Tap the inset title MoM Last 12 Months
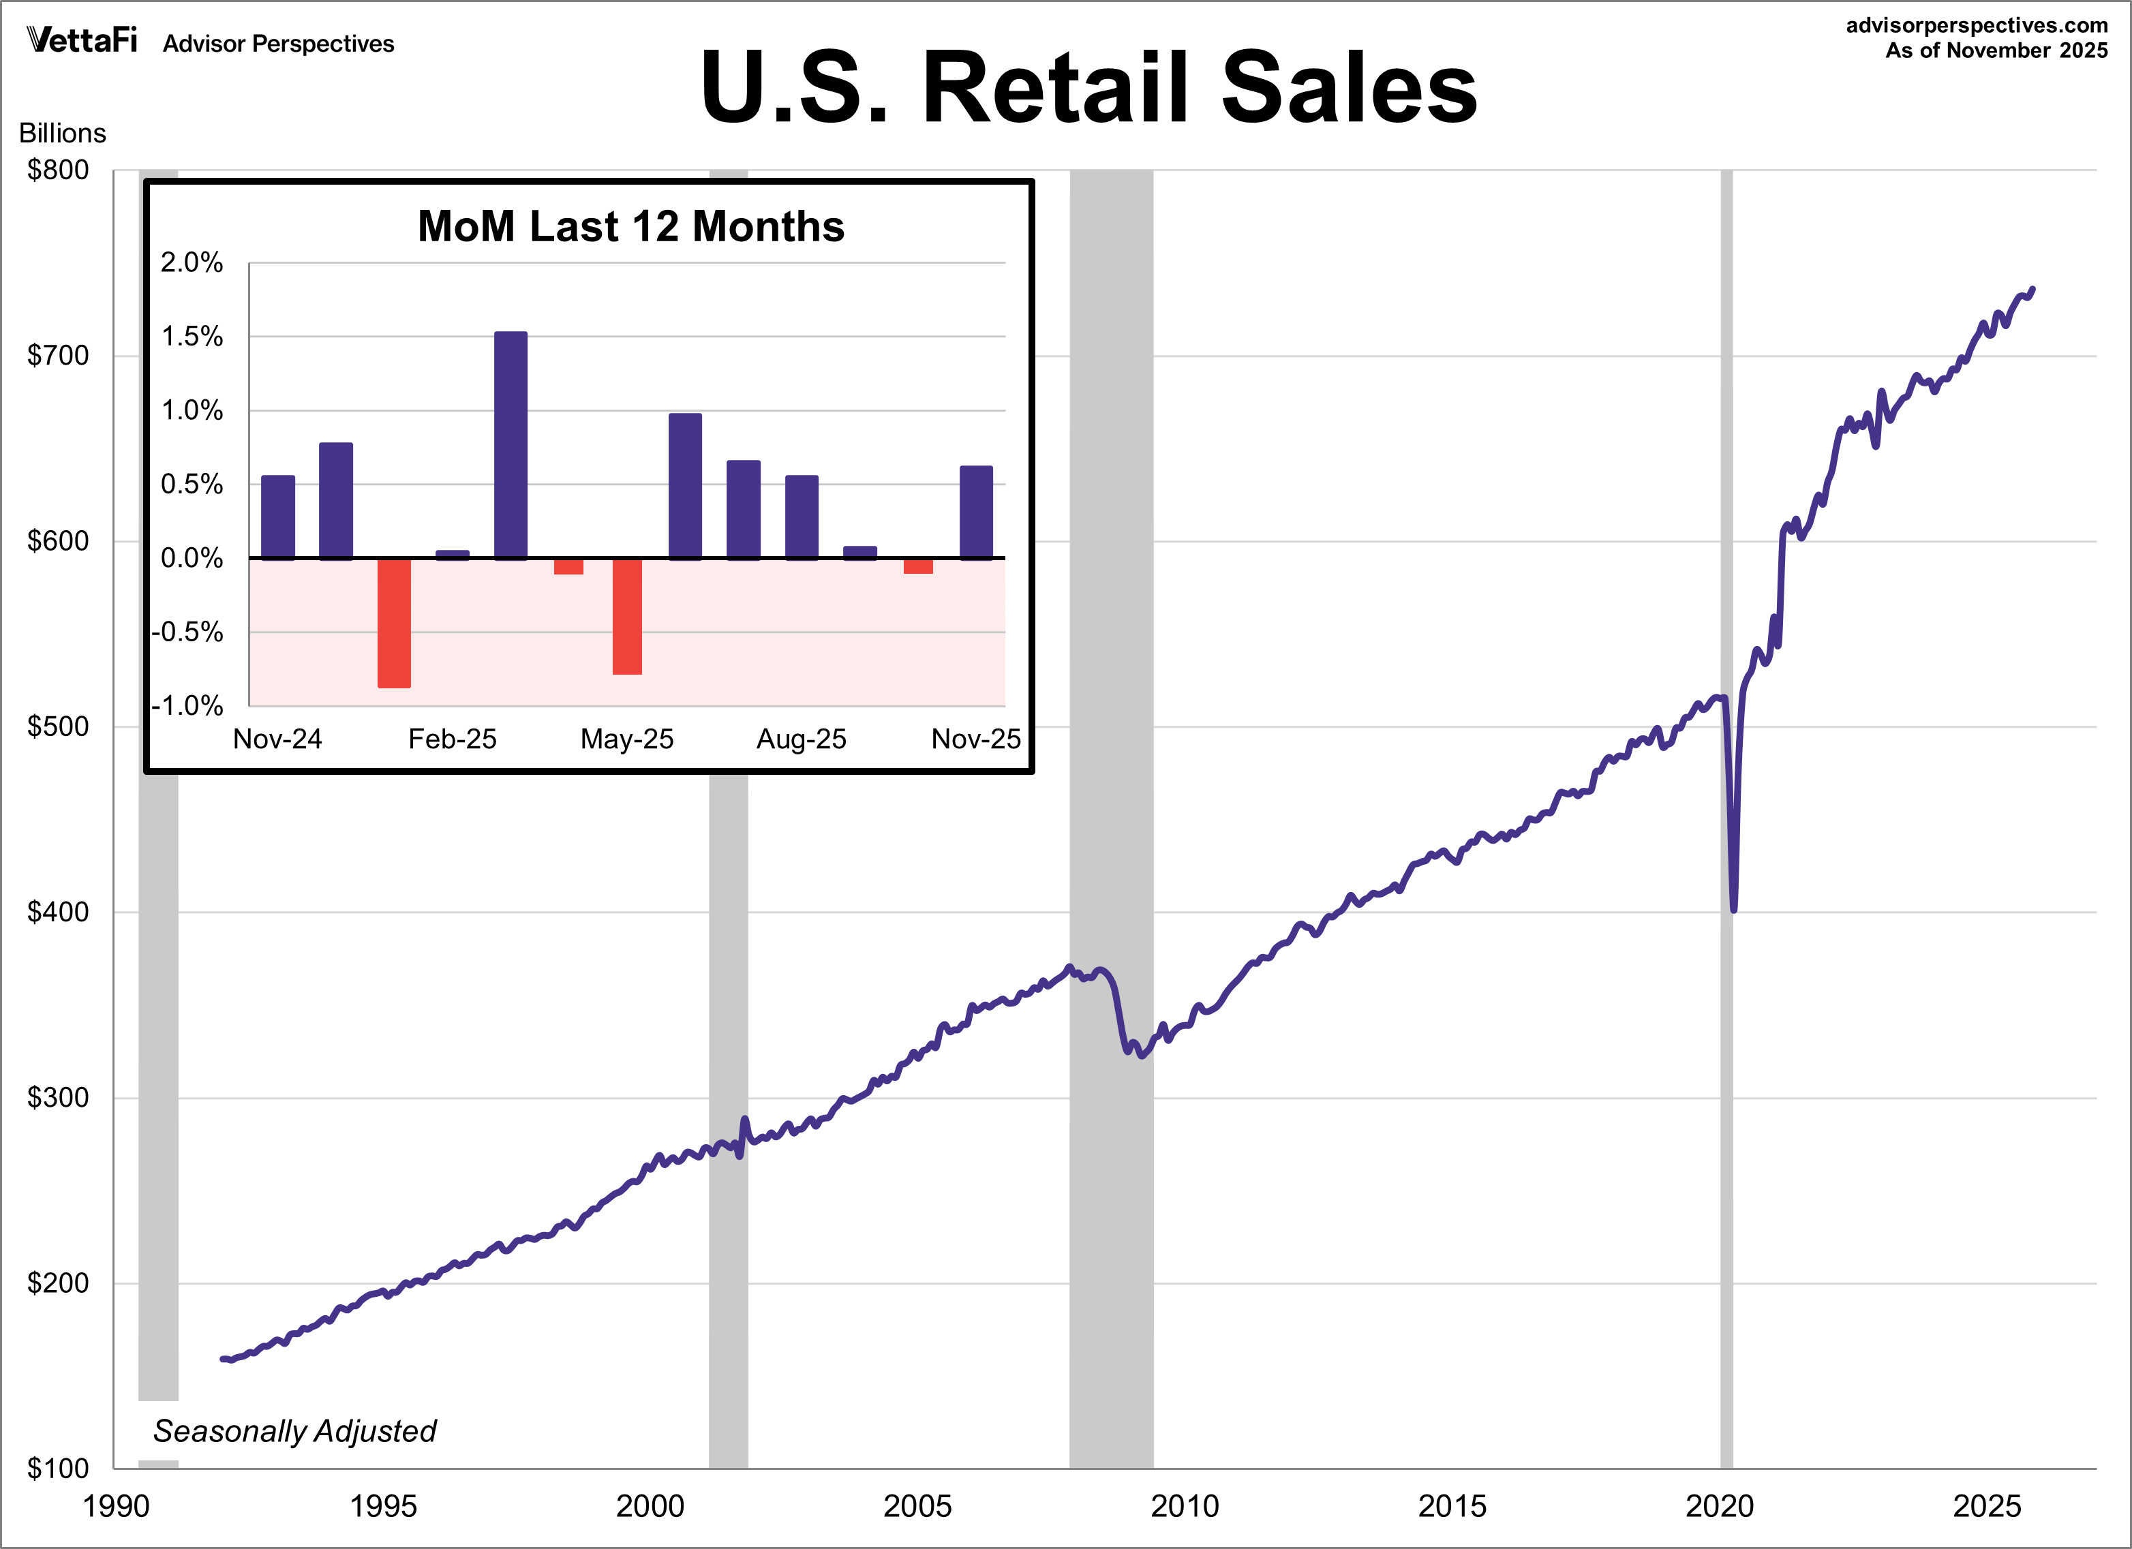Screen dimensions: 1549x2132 [x=630, y=226]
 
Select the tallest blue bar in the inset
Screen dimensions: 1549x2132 [x=511, y=446]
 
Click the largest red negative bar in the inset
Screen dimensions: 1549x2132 [x=394, y=622]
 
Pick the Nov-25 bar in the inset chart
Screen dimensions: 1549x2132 [x=976, y=512]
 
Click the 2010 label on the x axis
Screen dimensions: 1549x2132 [x=1185, y=1507]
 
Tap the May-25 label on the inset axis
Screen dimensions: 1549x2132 [x=627, y=739]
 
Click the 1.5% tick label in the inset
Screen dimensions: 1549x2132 [x=192, y=337]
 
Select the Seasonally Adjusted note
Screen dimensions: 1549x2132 [x=294, y=1430]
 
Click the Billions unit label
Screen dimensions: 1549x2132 [x=62, y=134]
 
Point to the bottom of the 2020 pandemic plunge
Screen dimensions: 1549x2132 [x=1733, y=908]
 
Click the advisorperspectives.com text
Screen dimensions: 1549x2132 [x=1976, y=25]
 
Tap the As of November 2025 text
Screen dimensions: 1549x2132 [x=1996, y=50]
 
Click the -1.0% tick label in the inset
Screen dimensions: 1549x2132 [x=188, y=706]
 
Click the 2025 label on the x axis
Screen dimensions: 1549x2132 [x=1986, y=1507]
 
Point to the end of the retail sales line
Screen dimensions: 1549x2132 [x=2032, y=290]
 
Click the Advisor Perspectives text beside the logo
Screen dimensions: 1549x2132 [x=278, y=44]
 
